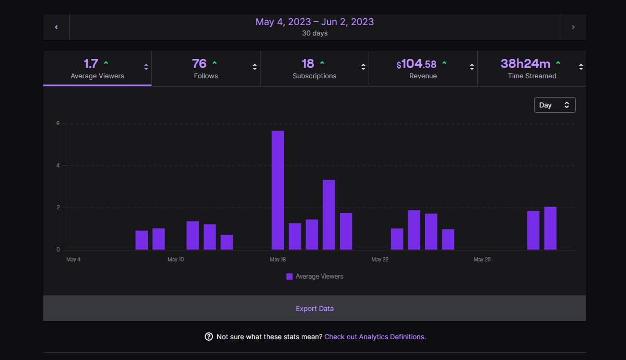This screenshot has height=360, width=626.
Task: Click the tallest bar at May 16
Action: coord(278,190)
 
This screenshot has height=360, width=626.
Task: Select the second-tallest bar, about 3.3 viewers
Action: coord(329,215)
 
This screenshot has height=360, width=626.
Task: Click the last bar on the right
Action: coord(550,229)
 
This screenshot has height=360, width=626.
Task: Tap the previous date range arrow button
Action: coord(56,27)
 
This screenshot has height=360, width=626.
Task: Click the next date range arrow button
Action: coord(573,27)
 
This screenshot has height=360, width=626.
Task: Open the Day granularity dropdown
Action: coord(554,105)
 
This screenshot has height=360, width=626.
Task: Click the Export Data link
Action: coord(314,308)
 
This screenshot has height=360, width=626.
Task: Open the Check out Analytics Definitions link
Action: coord(375,337)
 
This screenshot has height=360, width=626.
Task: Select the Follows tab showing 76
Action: coord(206,68)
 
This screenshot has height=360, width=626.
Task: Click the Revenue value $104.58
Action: coord(416,64)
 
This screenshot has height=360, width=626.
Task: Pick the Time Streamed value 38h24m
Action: coord(525,64)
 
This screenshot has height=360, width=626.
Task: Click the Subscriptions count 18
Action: coord(308,64)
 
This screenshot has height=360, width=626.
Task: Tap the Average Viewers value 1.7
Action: coord(91,64)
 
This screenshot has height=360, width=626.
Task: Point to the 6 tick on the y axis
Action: coord(58,124)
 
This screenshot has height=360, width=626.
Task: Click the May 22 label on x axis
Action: coord(380,259)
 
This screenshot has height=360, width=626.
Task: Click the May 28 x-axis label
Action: coord(482,259)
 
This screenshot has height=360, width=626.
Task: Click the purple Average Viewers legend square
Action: coord(289,277)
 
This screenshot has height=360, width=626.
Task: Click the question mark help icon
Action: coord(209,337)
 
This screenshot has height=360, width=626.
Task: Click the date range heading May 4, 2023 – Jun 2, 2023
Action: coord(314,22)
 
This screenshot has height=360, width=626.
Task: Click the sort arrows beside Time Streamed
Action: coord(581,67)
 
